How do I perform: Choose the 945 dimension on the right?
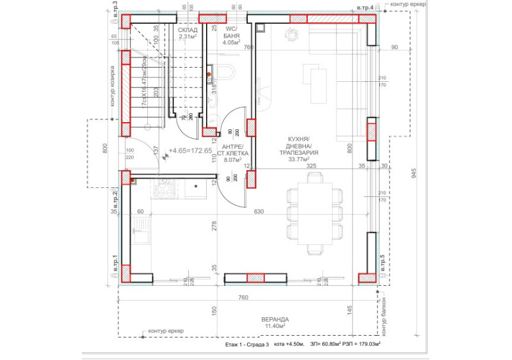coord(414,173)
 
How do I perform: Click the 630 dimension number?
coord(259,211)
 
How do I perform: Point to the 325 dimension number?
coord(311,166)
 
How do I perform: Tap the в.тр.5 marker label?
coord(383,263)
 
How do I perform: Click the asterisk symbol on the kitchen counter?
coord(196,187)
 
